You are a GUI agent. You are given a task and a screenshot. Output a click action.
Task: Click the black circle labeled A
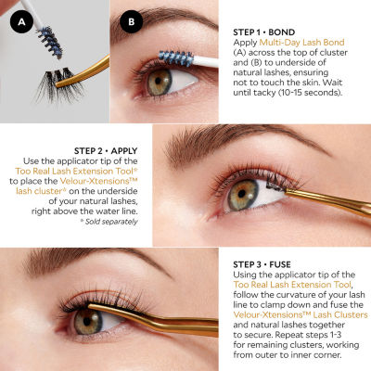coord(21,21)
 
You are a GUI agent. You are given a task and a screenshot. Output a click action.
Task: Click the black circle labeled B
coord(132,21)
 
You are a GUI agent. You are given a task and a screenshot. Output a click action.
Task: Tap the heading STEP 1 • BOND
coord(264,32)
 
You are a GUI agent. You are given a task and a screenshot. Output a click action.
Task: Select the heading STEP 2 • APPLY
coord(106,151)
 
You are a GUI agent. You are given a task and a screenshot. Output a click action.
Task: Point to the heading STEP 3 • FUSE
coord(262,264)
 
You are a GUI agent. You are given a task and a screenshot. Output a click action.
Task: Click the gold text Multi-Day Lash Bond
coord(301,43)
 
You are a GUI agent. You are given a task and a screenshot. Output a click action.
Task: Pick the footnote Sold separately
coord(109,222)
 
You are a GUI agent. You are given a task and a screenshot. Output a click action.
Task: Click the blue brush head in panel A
coord(50,43)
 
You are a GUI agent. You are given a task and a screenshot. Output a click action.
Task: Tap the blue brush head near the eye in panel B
coord(176,58)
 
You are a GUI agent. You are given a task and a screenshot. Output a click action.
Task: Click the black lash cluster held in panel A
coord(58,84)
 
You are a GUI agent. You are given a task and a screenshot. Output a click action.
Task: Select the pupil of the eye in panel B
coord(158,81)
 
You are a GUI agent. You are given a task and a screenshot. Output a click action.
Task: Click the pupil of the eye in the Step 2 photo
coord(242,195)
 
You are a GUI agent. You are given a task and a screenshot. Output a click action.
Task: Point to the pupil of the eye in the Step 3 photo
coord(87,321)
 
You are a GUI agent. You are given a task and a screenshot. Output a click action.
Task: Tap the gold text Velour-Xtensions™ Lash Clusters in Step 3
coord(301,315)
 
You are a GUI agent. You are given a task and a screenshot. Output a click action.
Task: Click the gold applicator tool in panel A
coord(83,71)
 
